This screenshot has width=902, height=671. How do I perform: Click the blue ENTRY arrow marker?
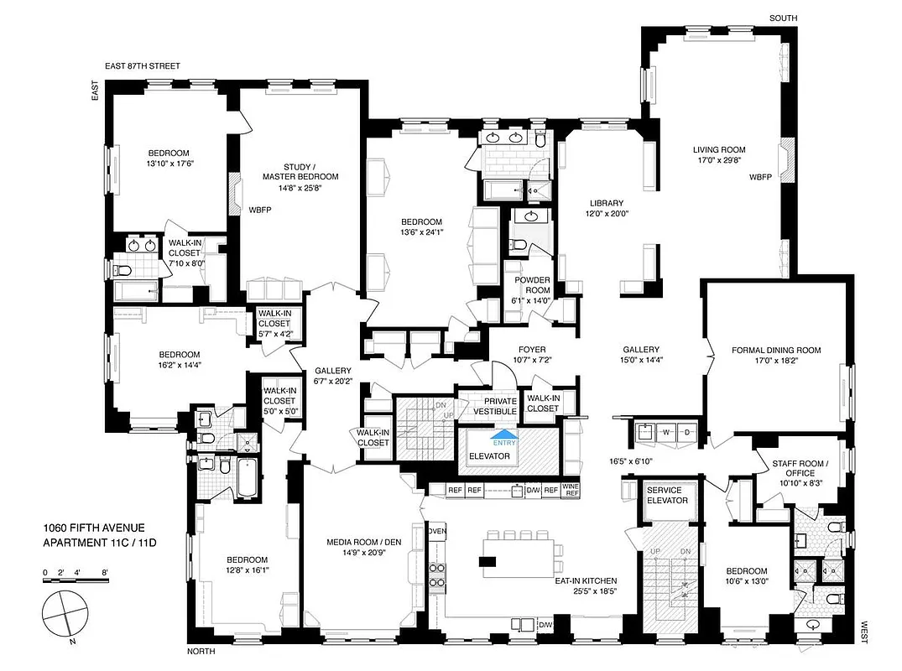click(506, 437)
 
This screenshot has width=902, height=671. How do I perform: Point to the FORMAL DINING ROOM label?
click(775, 351)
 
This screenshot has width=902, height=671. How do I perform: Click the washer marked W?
click(666, 432)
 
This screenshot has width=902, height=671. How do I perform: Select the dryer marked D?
click(686, 432)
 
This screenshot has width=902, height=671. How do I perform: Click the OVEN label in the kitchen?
click(437, 532)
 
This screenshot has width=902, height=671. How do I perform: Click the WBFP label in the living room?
click(761, 178)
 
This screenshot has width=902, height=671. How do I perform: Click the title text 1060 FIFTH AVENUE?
click(94, 528)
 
